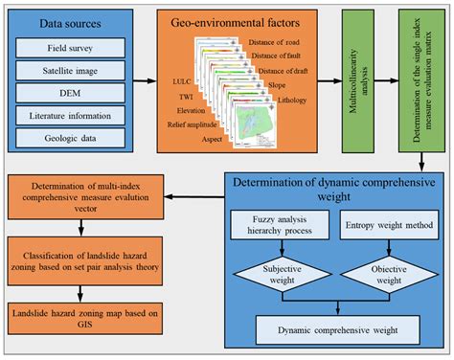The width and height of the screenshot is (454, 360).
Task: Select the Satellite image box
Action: (73, 69)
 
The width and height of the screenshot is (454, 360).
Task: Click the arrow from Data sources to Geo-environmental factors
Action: (145, 84)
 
